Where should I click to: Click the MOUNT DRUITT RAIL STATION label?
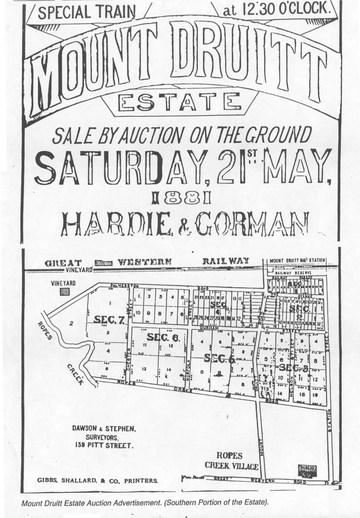click(x=297, y=260)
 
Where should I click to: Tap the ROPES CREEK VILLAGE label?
click(x=231, y=461)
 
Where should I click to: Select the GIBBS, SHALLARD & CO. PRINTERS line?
click(x=97, y=480)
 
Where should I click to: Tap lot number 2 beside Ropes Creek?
click(x=72, y=323)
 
